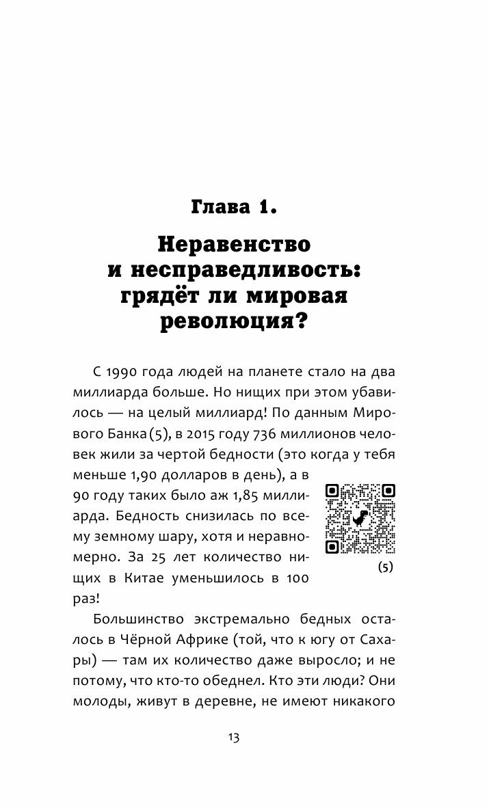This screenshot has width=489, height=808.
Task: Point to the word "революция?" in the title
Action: (x=244, y=321)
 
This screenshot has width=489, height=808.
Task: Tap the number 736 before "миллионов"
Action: (x=265, y=417)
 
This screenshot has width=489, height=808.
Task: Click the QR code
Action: (x=360, y=519)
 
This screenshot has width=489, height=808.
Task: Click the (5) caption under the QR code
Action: (x=385, y=568)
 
